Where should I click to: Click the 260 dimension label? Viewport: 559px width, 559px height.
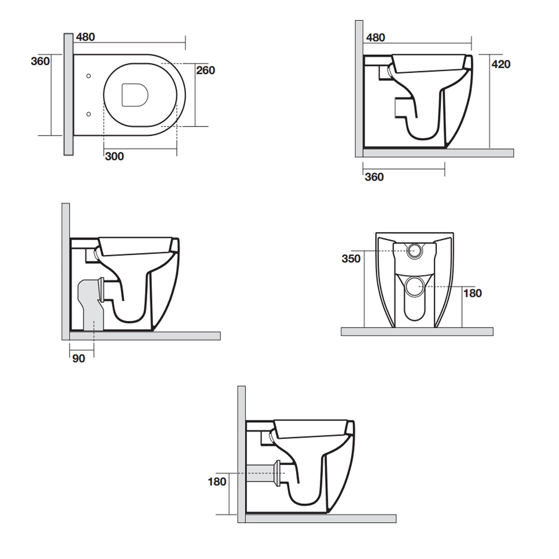tap(205, 70)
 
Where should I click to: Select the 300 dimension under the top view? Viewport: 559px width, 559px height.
tap(114, 156)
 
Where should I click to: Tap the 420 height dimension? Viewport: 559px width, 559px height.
tap(500, 64)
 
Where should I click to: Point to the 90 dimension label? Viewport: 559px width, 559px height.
tap(79, 359)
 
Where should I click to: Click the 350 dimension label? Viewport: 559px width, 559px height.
tap(351, 259)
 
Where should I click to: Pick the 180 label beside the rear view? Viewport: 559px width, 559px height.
tap(472, 293)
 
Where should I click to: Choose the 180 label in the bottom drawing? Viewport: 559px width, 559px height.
tap(217, 481)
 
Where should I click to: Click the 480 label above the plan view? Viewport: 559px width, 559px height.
tap(85, 37)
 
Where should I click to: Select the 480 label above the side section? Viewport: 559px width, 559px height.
tap(375, 37)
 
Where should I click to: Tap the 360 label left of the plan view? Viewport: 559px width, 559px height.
tap(40, 61)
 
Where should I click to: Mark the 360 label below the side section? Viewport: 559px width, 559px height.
tap(374, 177)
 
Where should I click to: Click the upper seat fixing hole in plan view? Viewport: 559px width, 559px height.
tap(89, 76)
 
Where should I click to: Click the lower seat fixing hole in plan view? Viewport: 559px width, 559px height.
tap(89, 114)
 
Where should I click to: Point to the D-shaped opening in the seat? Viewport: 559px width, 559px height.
tap(135, 95)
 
